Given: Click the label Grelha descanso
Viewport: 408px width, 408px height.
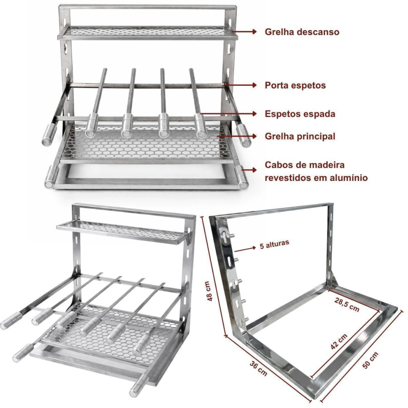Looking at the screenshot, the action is pos(302,32).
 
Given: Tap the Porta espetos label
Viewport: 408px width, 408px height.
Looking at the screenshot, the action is pos(295,85).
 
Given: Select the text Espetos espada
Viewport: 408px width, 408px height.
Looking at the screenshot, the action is pos(300,114).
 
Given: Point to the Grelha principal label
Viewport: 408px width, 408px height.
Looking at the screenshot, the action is pos(300,136).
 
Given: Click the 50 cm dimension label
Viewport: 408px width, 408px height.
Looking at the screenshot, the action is pos(370,360).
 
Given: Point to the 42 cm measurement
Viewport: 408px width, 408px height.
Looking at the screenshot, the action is pos(339,341).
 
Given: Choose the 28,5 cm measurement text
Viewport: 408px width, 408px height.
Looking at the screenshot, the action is pos(347,305).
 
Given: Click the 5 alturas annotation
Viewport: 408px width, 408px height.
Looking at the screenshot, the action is pos(275,244).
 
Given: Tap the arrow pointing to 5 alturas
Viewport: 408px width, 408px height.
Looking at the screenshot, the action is pos(245,249).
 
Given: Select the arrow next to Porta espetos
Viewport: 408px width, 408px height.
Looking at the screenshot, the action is pos(241,85).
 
